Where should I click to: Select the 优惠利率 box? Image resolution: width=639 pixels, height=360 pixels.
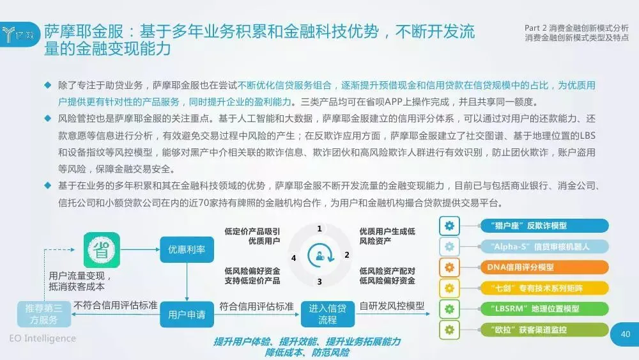[x=187, y=249]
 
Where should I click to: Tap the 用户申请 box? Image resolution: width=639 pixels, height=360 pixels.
[x=187, y=315]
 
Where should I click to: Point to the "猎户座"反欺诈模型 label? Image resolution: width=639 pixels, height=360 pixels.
[x=544, y=226]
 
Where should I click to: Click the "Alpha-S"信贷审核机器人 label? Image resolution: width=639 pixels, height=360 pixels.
[x=544, y=246]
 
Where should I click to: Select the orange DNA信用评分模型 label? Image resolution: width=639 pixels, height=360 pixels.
[x=544, y=267]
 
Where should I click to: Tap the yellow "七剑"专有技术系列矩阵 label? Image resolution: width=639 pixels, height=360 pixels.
[x=544, y=288]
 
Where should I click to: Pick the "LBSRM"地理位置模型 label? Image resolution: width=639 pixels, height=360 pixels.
[x=544, y=309]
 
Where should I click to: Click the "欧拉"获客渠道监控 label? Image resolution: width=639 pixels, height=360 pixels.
[x=544, y=330]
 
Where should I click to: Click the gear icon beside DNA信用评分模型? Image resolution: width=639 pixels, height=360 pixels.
[x=450, y=267]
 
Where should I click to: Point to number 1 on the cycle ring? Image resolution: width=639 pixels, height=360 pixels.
[x=319, y=228]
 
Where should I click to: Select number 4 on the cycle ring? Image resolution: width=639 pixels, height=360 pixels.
[x=293, y=258]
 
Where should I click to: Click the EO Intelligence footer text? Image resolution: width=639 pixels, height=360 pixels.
[x=43, y=339]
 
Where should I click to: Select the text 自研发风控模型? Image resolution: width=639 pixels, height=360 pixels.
[x=392, y=306]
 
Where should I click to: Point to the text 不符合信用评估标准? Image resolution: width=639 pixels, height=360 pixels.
[x=116, y=306]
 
